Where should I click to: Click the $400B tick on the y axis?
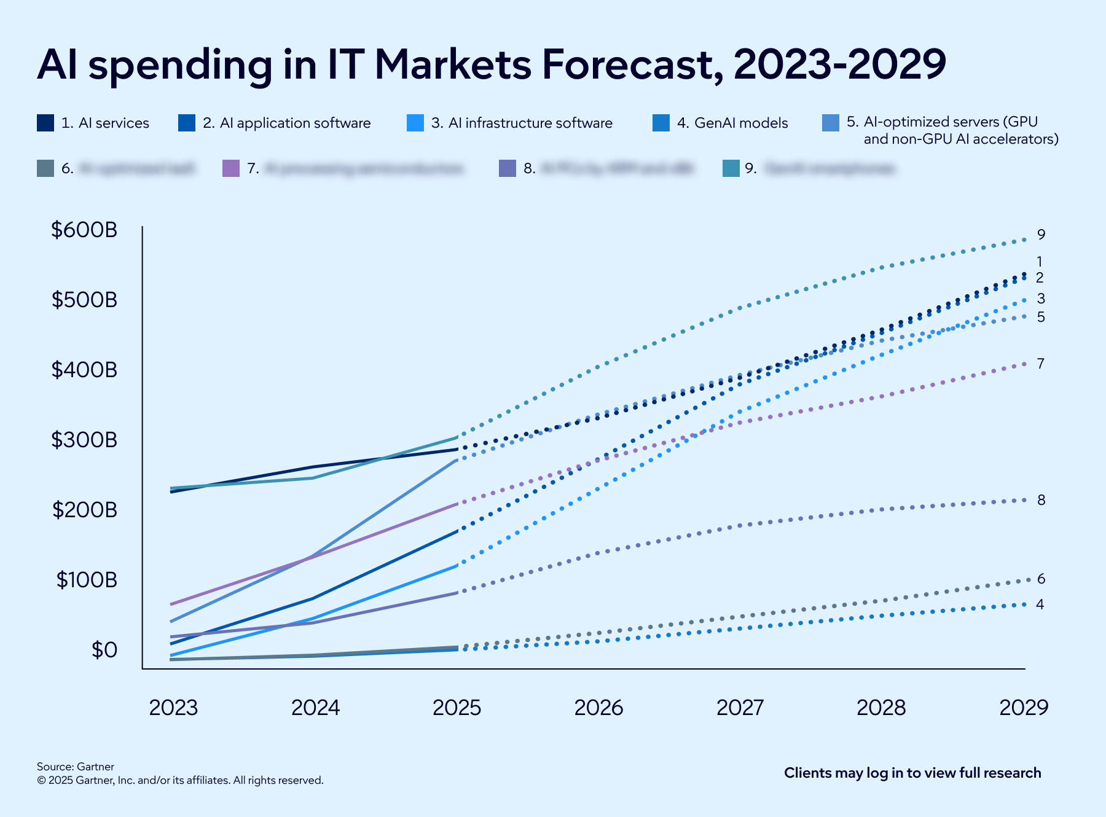point(84,370)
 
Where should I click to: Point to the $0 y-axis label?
point(104,650)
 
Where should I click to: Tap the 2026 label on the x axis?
point(598,708)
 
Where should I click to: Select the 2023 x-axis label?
point(173,708)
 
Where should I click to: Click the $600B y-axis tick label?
point(84,230)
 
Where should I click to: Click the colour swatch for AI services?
point(45,123)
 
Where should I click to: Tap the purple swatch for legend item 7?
point(230,168)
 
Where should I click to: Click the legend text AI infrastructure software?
point(530,123)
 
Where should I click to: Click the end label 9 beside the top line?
point(1041,235)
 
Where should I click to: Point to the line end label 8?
point(1041,500)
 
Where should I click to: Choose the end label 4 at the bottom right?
point(1040,604)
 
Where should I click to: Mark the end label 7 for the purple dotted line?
point(1040,364)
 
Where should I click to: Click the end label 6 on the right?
point(1041,579)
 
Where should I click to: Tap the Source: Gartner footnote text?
point(76,767)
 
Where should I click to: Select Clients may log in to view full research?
point(912,773)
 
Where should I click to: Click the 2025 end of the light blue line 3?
point(457,565)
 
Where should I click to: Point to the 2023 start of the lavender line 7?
point(171,604)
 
